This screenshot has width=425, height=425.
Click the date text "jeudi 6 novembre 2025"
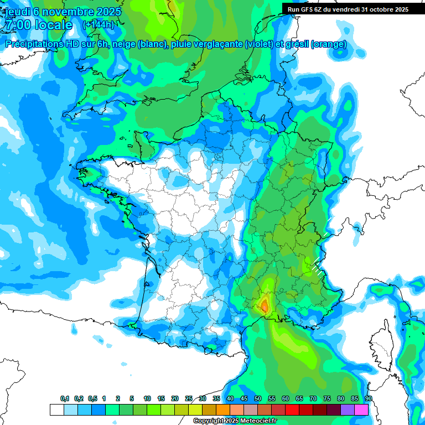pyautogui.click(x=62, y=12)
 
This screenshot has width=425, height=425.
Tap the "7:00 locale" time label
pyautogui.click(x=38, y=25)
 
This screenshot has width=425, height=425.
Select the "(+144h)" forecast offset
pyautogui.click(x=98, y=25)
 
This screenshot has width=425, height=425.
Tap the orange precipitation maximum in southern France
pyautogui.click(x=265, y=305)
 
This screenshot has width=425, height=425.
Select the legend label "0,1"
pyautogui.click(x=65, y=399)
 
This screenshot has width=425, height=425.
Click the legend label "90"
pyautogui.click(x=368, y=399)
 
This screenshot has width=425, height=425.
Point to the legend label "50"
pyautogui.click(x=258, y=399)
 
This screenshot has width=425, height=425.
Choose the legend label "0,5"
pyautogui.click(x=92, y=399)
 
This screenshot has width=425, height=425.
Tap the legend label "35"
pyautogui.click(x=216, y=399)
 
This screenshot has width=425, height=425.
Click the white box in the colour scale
pyautogui.click(x=56, y=410)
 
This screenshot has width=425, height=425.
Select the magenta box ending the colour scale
pyautogui.click(x=361, y=410)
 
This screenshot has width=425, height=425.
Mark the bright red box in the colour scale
pyautogui.click(x=292, y=410)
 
